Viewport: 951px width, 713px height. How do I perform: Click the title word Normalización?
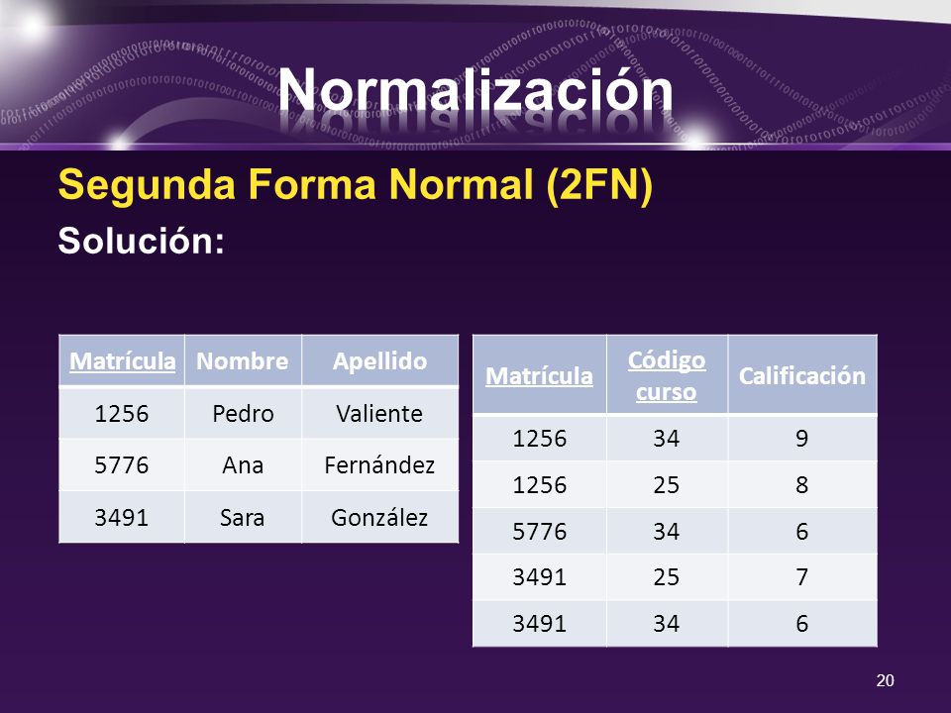pyautogui.click(x=475, y=92)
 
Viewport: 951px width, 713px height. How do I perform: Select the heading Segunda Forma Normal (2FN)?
pyautogui.click(x=355, y=186)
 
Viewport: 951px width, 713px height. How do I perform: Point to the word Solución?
pyautogui.click(x=142, y=240)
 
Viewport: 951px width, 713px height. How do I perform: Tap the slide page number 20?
pyautogui.click(x=886, y=679)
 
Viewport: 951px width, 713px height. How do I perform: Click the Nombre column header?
pyautogui.click(x=243, y=361)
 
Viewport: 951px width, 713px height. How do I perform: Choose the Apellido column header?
pyautogui.click(x=379, y=361)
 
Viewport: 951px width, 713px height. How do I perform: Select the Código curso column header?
pyautogui.click(x=667, y=375)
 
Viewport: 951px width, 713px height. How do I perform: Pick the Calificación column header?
pyautogui.click(x=801, y=375)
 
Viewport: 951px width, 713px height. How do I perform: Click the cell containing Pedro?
pyautogui.click(x=243, y=413)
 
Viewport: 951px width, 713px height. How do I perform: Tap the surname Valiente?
pyautogui.click(x=379, y=413)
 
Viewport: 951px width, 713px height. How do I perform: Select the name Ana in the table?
pyautogui.click(x=243, y=464)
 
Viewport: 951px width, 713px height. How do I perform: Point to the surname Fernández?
pyautogui.click(x=379, y=464)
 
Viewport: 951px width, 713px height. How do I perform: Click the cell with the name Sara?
pyautogui.click(x=243, y=517)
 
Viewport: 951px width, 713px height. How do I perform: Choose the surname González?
pyautogui.click(x=379, y=517)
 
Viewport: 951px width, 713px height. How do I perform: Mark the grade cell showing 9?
pyautogui.click(x=801, y=438)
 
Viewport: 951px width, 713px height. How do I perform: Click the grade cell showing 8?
pyautogui.click(x=801, y=484)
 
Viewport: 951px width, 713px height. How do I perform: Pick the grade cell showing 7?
pyautogui.click(x=801, y=577)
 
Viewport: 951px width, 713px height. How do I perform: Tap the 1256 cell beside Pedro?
pyautogui.click(x=122, y=413)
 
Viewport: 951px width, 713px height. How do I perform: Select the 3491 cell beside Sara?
pyautogui.click(x=122, y=517)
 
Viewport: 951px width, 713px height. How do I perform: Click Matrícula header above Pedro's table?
pyautogui.click(x=122, y=361)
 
